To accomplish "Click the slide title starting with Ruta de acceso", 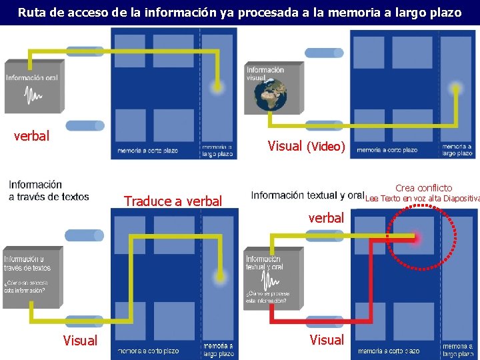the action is [x=239, y=12].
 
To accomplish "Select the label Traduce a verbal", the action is [x=173, y=201].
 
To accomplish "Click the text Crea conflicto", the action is [x=423, y=188].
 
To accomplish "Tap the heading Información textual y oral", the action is [x=307, y=195].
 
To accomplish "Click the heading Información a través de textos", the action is [x=48, y=190].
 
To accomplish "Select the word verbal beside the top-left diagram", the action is [x=31, y=136].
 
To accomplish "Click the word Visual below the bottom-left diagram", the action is [x=80, y=341].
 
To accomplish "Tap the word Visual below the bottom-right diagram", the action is [x=327, y=339].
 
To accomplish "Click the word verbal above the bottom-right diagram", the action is [x=326, y=217].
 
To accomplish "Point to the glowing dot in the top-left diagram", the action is [x=216, y=86].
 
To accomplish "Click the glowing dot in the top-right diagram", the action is [x=456, y=87].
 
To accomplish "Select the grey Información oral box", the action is [x=32, y=87].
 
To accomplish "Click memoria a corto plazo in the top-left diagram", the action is [x=148, y=151].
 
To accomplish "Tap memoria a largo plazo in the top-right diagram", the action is [x=457, y=150].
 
